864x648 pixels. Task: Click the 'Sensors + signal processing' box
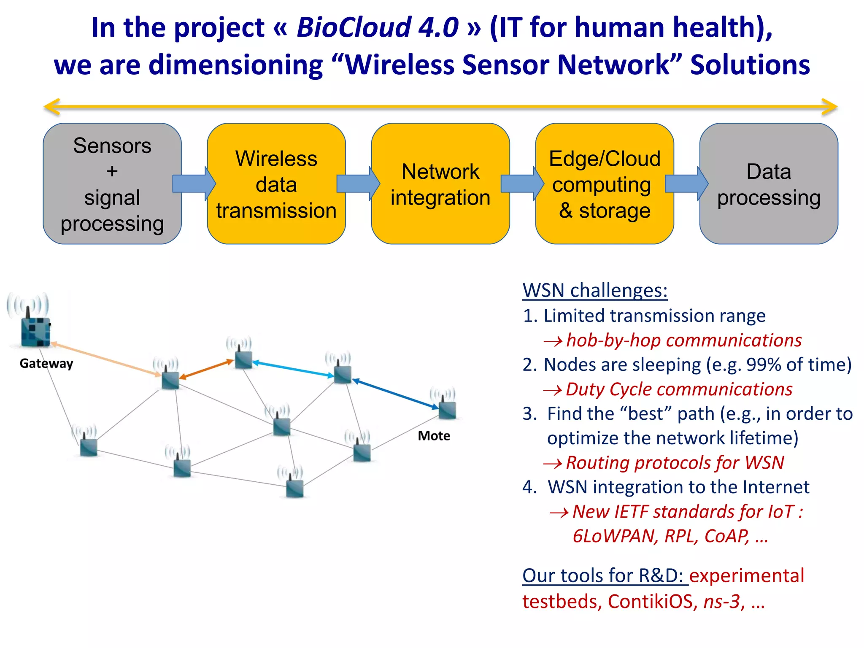tap(112, 184)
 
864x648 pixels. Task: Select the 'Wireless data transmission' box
tap(276, 184)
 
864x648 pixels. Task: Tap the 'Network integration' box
tap(440, 184)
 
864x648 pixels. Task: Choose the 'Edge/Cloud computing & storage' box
tap(605, 184)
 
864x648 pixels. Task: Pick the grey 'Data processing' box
tap(769, 184)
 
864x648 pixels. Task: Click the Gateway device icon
tap(35, 331)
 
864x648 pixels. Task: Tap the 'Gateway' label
tap(46, 363)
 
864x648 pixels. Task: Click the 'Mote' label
tap(434, 436)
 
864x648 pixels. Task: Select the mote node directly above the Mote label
tap(447, 409)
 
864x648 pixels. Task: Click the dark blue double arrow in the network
tap(395, 394)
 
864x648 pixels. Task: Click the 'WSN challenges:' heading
tap(595, 290)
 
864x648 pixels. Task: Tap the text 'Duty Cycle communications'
tap(679, 389)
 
